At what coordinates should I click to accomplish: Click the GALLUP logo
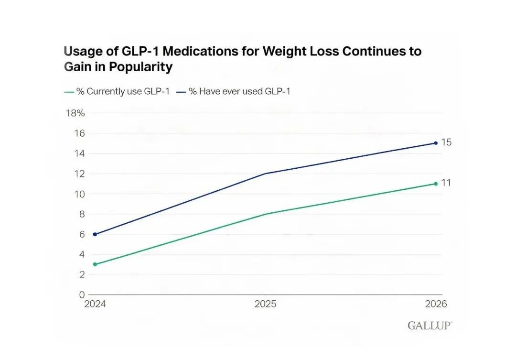430,326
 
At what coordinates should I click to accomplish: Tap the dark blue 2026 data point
436,143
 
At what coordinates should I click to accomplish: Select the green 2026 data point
436,184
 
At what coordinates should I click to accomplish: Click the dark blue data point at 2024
95,234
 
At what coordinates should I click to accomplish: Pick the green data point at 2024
95,264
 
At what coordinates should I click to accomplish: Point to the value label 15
446,142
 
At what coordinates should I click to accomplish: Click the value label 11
446,183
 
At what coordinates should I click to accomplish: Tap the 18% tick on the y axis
75,113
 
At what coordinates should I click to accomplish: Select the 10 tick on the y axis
79,194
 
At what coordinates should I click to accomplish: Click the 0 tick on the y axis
82,295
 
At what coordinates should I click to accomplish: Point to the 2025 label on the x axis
265,304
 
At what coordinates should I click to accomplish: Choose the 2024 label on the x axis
95,304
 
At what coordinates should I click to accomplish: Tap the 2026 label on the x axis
436,304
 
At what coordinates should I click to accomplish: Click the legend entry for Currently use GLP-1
117,91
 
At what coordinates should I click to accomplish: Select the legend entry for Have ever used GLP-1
233,91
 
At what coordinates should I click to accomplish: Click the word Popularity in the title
140,67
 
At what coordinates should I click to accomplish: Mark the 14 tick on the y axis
79,153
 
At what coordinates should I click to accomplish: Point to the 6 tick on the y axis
82,234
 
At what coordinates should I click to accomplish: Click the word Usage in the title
83,52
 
